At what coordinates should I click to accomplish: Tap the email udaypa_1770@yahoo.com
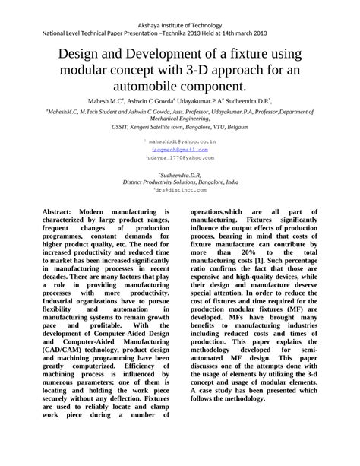[181, 157]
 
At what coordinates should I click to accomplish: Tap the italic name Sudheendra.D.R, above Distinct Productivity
[180, 173]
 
